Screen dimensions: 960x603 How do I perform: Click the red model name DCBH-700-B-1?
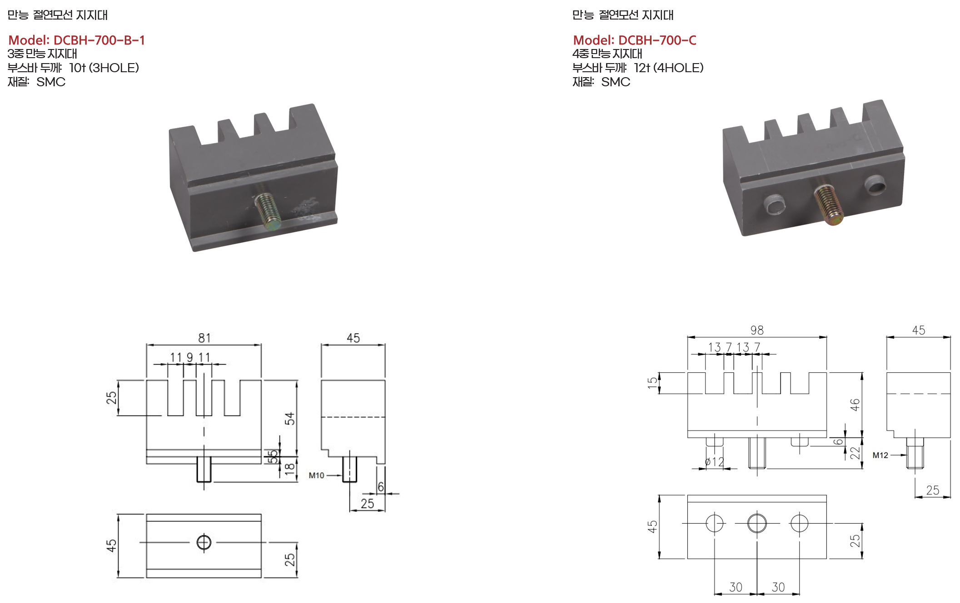[99, 40]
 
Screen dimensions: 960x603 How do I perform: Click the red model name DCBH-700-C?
[657, 40]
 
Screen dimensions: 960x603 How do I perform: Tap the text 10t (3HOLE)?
[104, 68]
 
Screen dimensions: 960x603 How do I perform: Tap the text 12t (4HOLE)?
[669, 68]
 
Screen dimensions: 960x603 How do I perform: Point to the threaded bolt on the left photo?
[268, 211]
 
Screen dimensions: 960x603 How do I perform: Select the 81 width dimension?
[204, 338]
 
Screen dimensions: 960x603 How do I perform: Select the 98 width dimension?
[757, 330]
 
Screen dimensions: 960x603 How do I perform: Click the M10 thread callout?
[316, 475]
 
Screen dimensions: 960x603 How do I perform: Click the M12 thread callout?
[880, 455]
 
